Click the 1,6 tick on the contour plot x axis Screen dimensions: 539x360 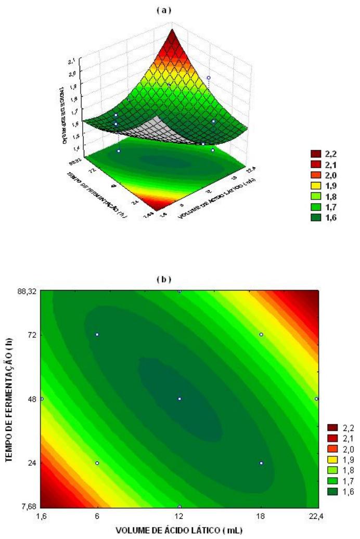(x=42, y=515)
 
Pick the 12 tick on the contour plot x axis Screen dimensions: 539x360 (x=179, y=515)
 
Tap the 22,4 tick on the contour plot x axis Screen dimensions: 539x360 (x=317, y=515)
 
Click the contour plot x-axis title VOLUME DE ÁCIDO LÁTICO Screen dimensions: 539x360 (x=179, y=530)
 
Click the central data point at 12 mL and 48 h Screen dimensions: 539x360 (x=179, y=399)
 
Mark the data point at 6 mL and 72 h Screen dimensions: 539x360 (x=97, y=334)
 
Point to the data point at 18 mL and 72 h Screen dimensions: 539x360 (x=261, y=334)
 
